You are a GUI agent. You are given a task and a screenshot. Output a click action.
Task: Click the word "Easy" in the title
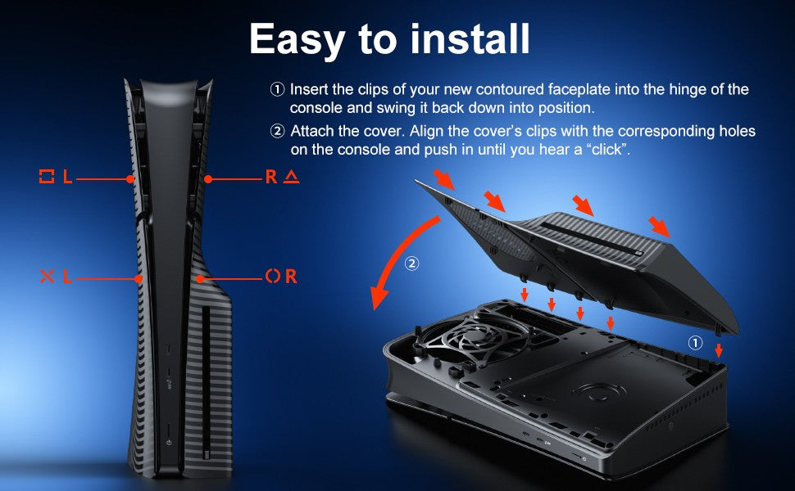click(x=298, y=40)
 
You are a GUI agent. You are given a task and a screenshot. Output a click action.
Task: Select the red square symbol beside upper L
click(x=47, y=177)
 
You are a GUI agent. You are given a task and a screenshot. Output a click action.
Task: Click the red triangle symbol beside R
click(x=291, y=177)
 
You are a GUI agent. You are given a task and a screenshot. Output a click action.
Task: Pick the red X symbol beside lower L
click(x=47, y=276)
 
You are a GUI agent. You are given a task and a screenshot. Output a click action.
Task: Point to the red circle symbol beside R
click(x=272, y=276)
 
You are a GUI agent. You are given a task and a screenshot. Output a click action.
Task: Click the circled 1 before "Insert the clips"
click(x=277, y=89)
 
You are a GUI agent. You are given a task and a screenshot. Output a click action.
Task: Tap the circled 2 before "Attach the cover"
click(x=277, y=131)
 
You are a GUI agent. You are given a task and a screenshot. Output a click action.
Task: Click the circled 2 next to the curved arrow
click(x=411, y=264)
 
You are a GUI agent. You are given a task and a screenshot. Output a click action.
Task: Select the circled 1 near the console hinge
click(x=695, y=343)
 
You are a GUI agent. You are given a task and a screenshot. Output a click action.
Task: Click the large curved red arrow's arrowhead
click(x=378, y=298)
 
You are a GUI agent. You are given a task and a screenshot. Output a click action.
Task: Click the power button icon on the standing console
click(x=168, y=443)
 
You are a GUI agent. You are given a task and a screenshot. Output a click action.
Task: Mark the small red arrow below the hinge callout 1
click(x=719, y=350)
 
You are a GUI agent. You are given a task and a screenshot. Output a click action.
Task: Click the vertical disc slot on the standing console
click(x=206, y=381)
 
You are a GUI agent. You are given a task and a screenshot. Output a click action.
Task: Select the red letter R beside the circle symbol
click(x=291, y=276)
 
